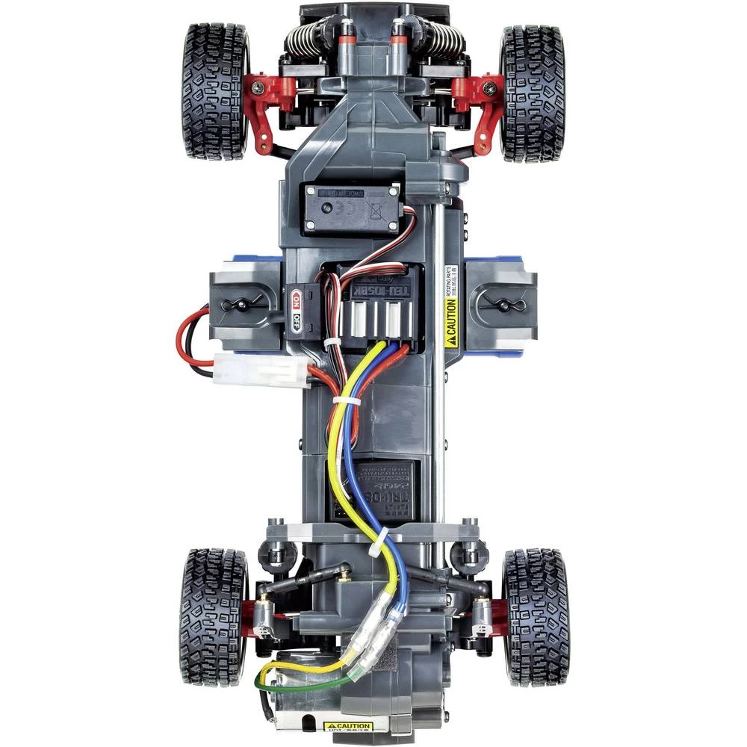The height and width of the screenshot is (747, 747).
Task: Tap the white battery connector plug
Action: pos(261,369)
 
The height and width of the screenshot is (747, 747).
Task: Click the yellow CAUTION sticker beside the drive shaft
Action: pos(450,325)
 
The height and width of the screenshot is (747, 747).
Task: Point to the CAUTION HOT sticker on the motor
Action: pos(348,726)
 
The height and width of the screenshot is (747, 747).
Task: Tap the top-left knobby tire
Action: pos(214,92)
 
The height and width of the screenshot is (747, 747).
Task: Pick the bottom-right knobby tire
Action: pos(536,617)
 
